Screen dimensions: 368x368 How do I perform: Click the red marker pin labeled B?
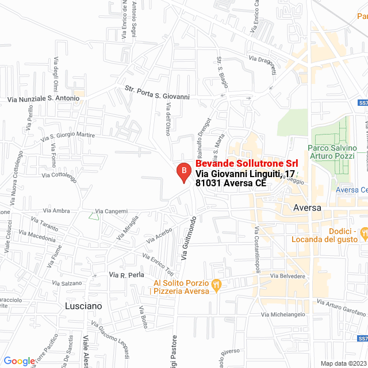pyautogui.click(x=183, y=171)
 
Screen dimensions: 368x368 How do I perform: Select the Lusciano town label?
pyautogui.click(x=84, y=306)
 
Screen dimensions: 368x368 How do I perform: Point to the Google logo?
pyautogui.click(x=19, y=361)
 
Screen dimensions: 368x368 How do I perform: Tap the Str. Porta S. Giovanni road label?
pyautogui.click(x=157, y=93)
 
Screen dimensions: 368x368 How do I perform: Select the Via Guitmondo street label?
pyautogui.click(x=189, y=237)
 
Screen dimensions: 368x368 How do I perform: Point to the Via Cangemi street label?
pyautogui.click(x=112, y=212)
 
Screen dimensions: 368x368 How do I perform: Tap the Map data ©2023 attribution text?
pyautogui.click(x=343, y=363)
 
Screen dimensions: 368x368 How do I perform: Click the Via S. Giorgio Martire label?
pyautogui.click(x=68, y=136)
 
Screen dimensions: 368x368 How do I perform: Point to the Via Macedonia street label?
pyautogui.click(x=38, y=235)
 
